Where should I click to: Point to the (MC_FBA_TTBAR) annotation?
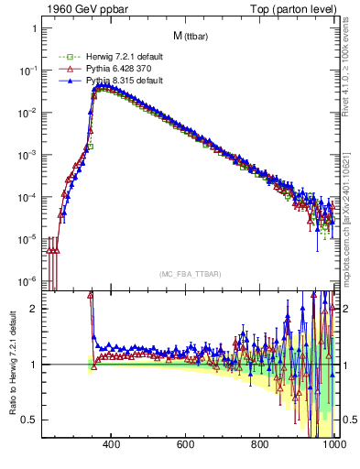coord(190,275)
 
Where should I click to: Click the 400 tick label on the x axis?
coord(112,446)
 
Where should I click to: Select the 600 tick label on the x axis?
coord(186,446)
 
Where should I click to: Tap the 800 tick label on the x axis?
coord(260,446)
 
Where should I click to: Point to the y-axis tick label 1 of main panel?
coord(33,27)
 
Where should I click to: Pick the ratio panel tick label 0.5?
coord(29,420)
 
